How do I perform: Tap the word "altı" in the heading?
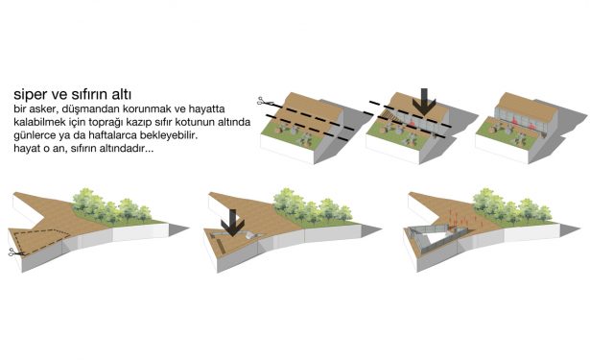click(x=122, y=94)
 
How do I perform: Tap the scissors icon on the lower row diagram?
click(x=15, y=252)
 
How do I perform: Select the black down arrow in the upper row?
click(x=424, y=102)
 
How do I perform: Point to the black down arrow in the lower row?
click(x=232, y=223)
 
